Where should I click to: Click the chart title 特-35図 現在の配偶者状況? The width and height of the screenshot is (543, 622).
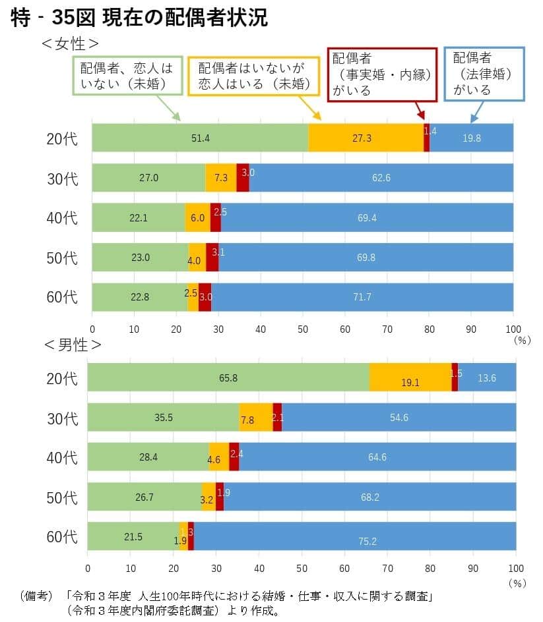139,18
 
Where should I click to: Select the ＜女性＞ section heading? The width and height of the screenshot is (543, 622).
70,44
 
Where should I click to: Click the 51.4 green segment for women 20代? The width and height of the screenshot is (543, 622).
200,138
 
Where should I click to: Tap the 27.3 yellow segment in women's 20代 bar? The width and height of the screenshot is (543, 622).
366,138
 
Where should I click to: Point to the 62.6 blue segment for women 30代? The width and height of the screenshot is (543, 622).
381,178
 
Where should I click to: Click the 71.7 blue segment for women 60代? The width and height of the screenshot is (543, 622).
362,297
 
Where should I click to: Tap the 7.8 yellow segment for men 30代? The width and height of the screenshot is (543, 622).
255,417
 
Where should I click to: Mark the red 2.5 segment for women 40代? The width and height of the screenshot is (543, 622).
216,217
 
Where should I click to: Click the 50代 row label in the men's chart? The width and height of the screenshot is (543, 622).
61,497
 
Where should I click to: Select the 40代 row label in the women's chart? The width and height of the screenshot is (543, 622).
62,218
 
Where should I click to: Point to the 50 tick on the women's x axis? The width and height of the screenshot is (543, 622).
303,329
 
